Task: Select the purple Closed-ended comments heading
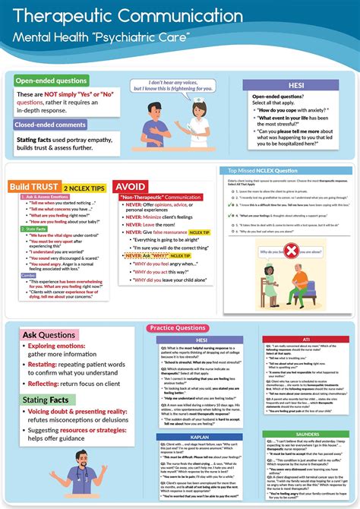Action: click(x=55, y=124)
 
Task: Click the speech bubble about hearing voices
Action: click(x=165, y=85)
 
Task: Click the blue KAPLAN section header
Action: click(x=202, y=416)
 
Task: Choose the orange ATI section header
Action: click(x=305, y=339)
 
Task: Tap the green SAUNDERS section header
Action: click(x=305, y=434)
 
